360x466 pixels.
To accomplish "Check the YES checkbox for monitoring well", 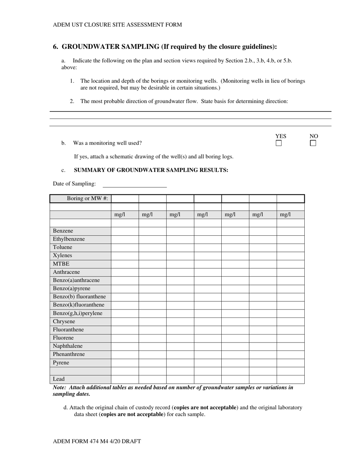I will (279, 143).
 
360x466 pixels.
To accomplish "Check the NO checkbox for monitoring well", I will (313, 143).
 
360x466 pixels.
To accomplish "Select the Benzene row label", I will (63, 231).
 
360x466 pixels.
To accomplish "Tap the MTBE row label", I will (61, 264).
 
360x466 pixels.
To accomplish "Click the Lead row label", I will (59, 379).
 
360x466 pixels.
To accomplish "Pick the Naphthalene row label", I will (67, 346).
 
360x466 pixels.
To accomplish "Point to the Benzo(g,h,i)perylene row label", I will (77, 313).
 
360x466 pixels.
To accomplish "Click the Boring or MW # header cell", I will (87, 199).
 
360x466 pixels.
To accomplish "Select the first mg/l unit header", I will (119, 215).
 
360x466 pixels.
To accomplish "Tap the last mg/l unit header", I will (285, 215).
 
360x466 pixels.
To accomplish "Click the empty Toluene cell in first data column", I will (125, 247).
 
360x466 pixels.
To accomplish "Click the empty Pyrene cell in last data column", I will (290, 363).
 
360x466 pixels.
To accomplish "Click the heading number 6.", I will (55, 47).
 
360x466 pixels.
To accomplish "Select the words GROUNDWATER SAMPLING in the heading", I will (110, 47).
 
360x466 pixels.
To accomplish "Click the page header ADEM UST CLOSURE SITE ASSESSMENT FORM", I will (117, 25).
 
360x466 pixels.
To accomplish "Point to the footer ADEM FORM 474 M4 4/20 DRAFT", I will (97, 441).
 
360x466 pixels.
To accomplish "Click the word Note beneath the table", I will (59, 388).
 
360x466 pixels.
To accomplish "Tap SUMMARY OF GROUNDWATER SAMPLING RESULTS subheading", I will (151, 170).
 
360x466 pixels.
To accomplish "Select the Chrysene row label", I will (64, 321).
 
